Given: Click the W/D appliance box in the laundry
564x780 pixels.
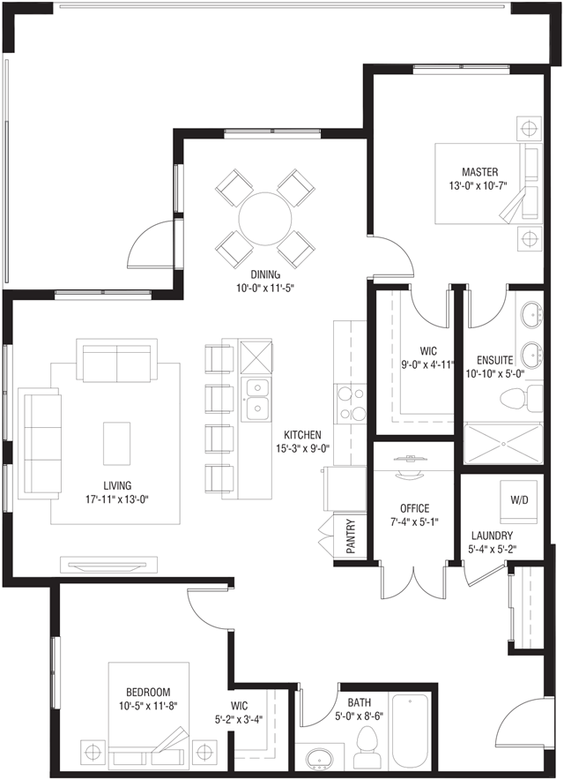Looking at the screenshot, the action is pos(519,501).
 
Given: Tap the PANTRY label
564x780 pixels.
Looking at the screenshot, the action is pos(351,536).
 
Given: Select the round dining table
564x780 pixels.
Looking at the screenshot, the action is pos(265,219).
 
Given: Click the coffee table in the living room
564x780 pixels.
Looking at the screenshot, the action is pos(117,443).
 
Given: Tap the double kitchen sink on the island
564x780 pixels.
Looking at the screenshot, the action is pos(256,401).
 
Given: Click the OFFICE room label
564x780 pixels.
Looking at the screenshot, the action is pos(415,508).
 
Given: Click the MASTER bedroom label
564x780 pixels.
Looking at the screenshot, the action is pos(479,172).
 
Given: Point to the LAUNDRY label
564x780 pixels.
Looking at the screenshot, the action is pos(492,536).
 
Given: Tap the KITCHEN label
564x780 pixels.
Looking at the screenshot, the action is pos(302,435).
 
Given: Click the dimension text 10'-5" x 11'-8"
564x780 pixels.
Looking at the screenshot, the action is pos(148,705).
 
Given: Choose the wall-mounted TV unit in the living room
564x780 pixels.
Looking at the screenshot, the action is pos(108,565).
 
